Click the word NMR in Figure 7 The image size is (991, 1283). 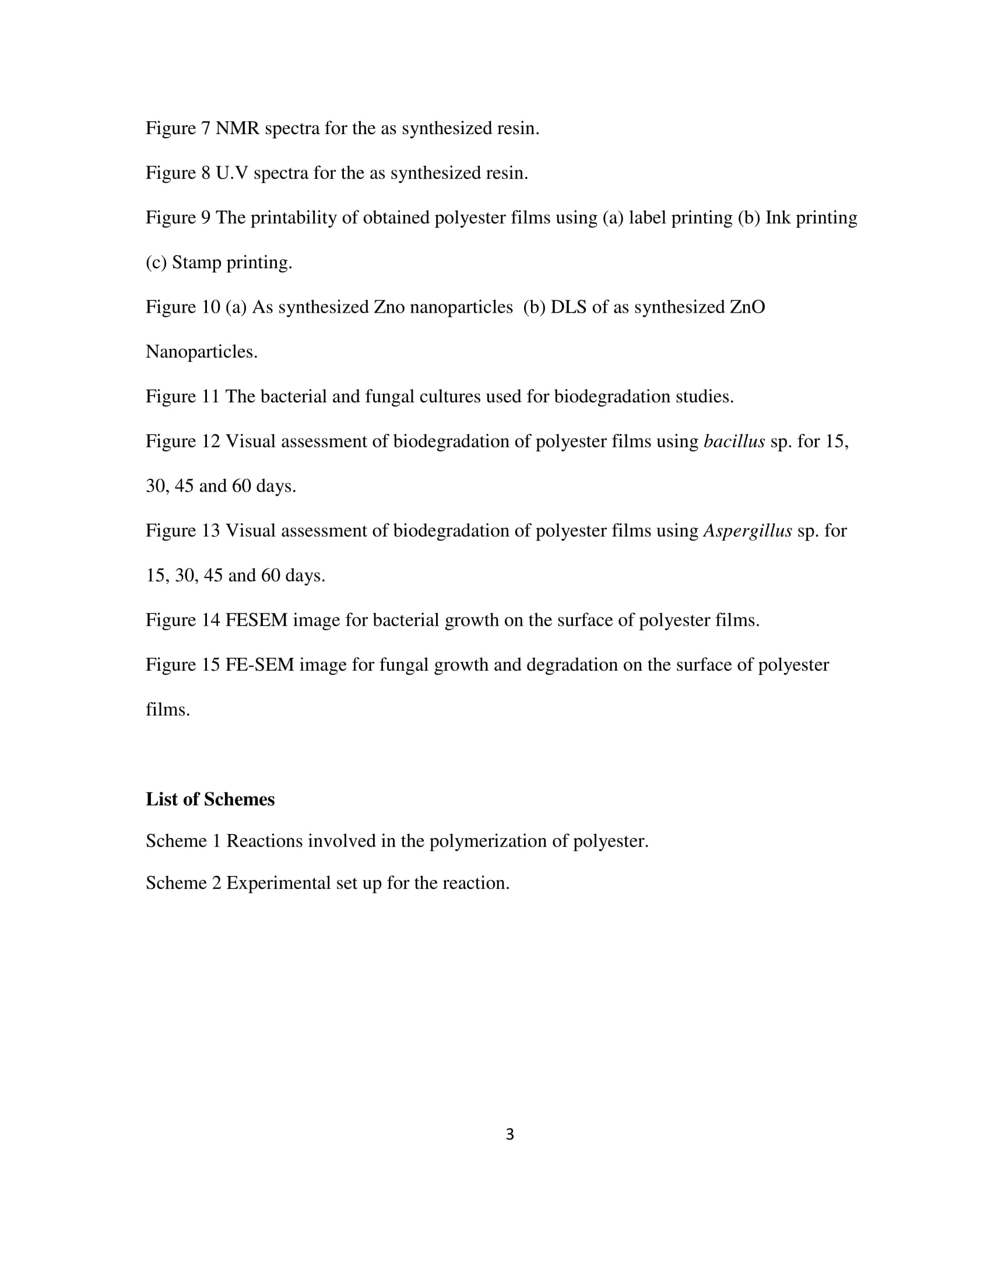(x=237, y=128)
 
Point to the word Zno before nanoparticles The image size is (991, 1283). (x=389, y=307)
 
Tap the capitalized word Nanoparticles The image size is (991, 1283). (x=201, y=352)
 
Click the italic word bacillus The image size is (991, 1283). (x=734, y=441)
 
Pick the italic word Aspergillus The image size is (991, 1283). (x=747, y=531)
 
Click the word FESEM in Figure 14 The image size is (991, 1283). (x=256, y=620)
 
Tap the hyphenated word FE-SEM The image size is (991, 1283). (x=259, y=664)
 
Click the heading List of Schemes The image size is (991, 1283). (x=210, y=799)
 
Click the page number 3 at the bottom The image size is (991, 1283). (x=509, y=1135)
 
